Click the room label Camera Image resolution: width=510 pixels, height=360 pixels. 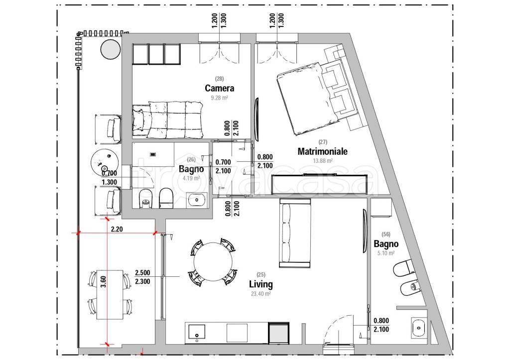click(x=219, y=88)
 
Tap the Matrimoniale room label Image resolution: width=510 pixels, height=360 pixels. click(x=322, y=151)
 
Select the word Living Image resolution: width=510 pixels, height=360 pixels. click(x=261, y=284)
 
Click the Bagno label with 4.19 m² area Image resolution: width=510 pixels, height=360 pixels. click(x=191, y=169)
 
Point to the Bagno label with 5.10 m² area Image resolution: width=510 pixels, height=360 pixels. click(x=386, y=243)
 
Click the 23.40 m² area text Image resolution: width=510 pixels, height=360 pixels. click(x=261, y=294)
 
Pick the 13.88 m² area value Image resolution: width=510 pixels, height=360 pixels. click(x=322, y=161)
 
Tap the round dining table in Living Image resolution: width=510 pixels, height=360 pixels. click(x=213, y=262)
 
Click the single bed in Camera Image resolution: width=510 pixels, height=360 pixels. click(x=167, y=119)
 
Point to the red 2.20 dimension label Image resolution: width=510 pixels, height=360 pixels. click(x=117, y=229)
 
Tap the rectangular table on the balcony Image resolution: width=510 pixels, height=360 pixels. click(x=110, y=294)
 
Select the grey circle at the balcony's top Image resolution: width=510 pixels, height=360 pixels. click(x=111, y=50)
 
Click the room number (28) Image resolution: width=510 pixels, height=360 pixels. click(x=219, y=78)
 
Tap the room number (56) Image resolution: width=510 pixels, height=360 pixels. click(x=386, y=234)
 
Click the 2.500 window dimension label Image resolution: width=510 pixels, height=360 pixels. click(x=142, y=273)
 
